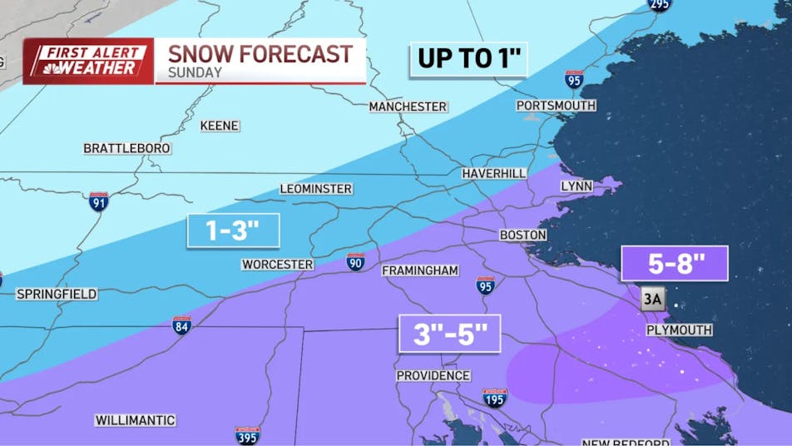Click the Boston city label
pyautogui.click(x=522, y=235)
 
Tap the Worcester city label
pyautogui.click(x=277, y=265)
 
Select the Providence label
pyautogui.click(x=433, y=376)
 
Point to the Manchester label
pyautogui.click(x=408, y=107)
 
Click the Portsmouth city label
pyautogui.click(x=556, y=106)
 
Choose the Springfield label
pyautogui.click(x=57, y=295)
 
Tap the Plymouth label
pyautogui.click(x=679, y=330)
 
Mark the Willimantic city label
pyautogui.click(x=135, y=420)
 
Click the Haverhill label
pyautogui.click(x=494, y=173)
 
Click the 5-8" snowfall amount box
pyautogui.click(x=675, y=264)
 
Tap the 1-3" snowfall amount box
pyautogui.click(x=232, y=230)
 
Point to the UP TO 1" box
pyautogui.click(x=468, y=60)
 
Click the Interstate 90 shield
pyautogui.click(x=355, y=262)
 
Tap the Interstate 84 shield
pyautogui.click(x=182, y=325)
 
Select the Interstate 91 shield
pyautogui.click(x=99, y=201)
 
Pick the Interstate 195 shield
pyautogui.click(x=495, y=398)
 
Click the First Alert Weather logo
pyautogui.click(x=88, y=62)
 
